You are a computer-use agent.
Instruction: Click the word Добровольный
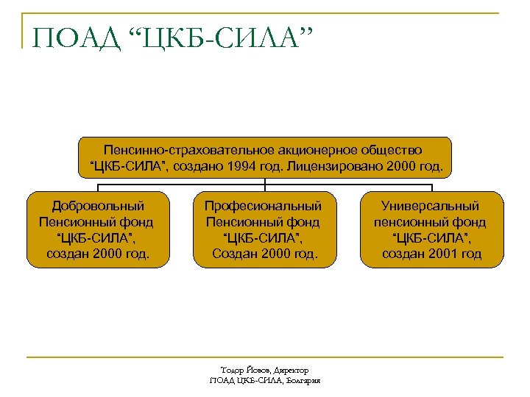coord(98,206)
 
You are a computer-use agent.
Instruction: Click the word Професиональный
coord(263,206)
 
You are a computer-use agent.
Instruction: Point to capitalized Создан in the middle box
coord(232,254)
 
